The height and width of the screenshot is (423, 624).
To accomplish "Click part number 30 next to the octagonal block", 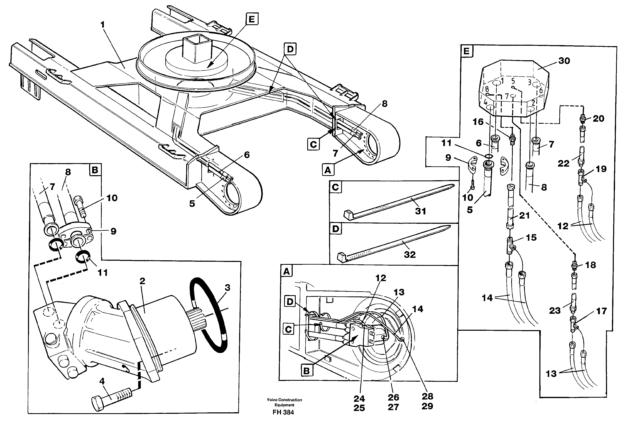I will point(564,61).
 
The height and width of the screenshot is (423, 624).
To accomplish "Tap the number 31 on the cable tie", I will point(420,211).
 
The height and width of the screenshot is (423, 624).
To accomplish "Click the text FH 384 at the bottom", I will point(283,412).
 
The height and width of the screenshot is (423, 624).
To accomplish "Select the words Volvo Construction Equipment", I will point(284,402).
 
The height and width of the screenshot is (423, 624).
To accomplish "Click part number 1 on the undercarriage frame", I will point(102,25).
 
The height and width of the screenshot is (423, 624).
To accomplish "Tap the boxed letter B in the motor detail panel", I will point(95,170).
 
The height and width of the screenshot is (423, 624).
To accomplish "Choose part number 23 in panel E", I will point(555,310).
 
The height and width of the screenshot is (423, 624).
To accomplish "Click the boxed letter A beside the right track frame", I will point(328,170).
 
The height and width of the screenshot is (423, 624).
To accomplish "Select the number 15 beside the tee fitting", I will point(531,237).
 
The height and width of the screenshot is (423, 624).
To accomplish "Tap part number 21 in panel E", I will point(524,215).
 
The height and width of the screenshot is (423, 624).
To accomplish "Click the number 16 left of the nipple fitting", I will point(478,122).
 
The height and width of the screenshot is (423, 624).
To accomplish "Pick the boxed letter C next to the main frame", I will point(313,144).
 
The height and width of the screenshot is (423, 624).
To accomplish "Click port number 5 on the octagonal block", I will point(513,81).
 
